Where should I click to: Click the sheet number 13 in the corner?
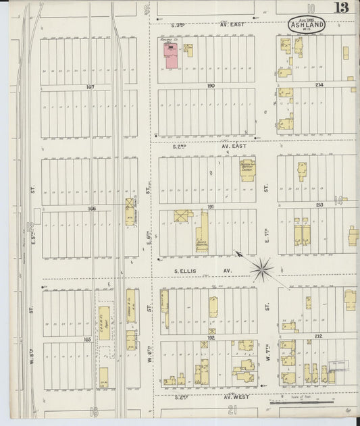pyautogui.click(x=340, y=8)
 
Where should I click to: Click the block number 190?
pyautogui.click(x=210, y=86)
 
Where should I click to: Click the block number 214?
pyautogui.click(x=319, y=84)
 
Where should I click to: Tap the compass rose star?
pyautogui.click(x=261, y=269)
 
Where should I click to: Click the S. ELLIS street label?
pyautogui.click(x=184, y=271)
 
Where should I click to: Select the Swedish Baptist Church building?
pyautogui.click(x=247, y=169)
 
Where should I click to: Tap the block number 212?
pyautogui.click(x=318, y=336)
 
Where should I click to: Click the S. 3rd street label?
pyautogui.click(x=178, y=25)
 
